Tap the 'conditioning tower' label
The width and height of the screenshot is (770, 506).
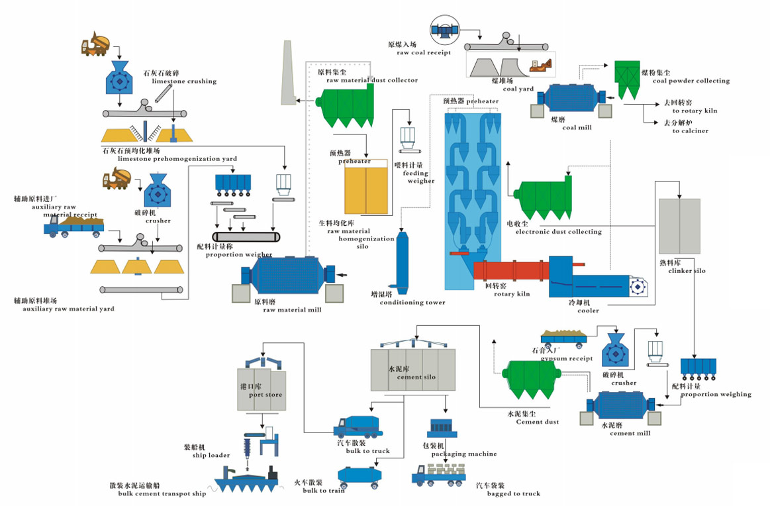pos(412,303)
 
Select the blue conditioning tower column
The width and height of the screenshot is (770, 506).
pos(402,258)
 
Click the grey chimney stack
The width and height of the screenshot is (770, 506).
pos(287,73)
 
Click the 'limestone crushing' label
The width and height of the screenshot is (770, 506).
pos(184,81)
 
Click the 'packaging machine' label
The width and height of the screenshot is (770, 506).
pos(463,454)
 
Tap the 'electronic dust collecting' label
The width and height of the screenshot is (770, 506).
pos(558,232)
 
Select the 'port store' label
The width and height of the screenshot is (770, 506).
pos(265,395)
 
